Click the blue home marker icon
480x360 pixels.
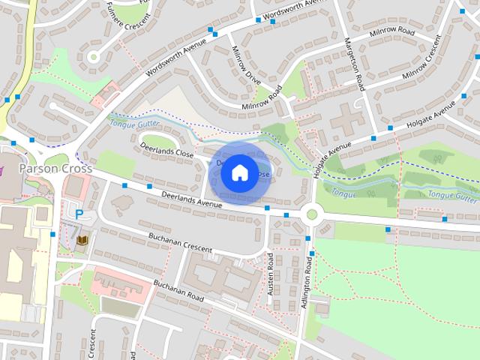tap(238, 172)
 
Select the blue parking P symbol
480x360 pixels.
tap(79, 214)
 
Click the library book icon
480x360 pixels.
tap(82, 240)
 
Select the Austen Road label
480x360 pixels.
tap(271, 273)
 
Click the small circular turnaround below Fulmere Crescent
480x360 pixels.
tap(94, 56)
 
